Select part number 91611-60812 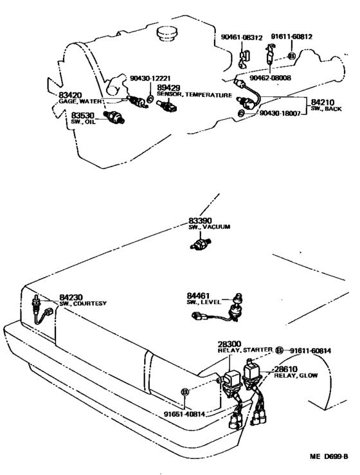click(x=291, y=37)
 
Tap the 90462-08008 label click(x=270, y=78)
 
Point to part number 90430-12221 click(x=150, y=78)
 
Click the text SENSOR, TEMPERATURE click(x=194, y=95)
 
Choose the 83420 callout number click(x=70, y=95)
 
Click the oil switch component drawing click(x=114, y=117)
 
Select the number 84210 click(x=323, y=102)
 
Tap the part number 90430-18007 click(x=280, y=113)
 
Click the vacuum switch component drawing click(x=201, y=244)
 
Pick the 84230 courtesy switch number click(x=71, y=297)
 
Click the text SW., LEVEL click(x=204, y=302)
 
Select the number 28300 click(x=230, y=344)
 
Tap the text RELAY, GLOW click(x=296, y=375)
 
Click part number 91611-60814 click(x=310, y=351)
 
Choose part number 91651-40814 click(x=184, y=414)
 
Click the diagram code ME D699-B click(x=328, y=456)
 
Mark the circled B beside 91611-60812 click(x=291, y=56)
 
